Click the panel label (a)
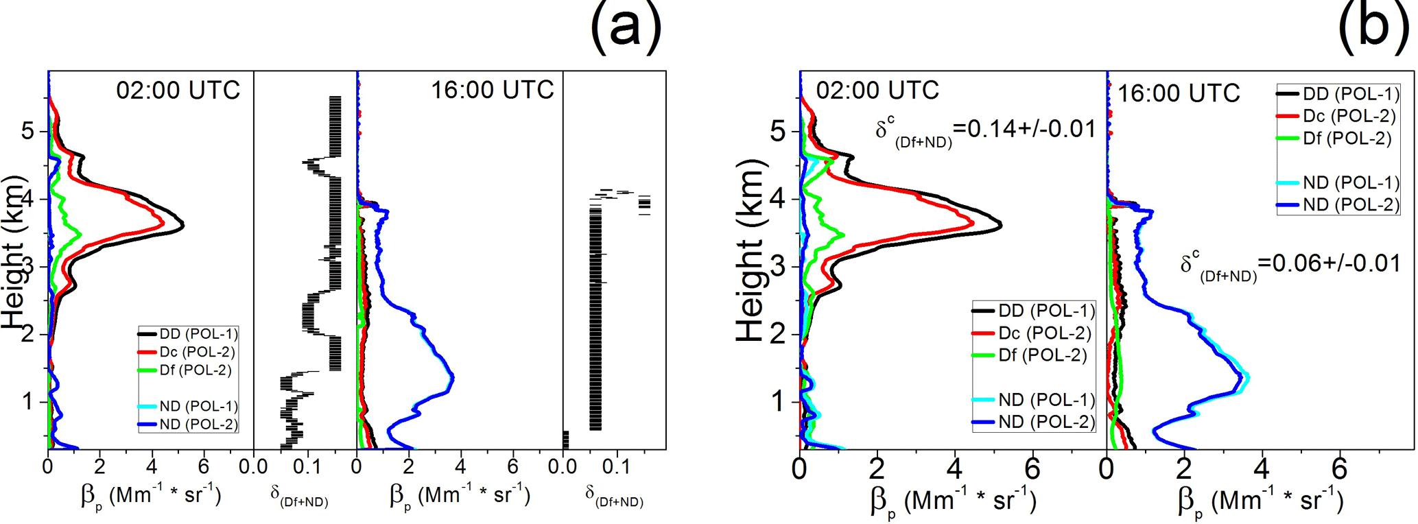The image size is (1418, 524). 626,27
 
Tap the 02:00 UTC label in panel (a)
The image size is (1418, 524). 178,91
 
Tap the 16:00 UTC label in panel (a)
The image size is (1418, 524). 492,91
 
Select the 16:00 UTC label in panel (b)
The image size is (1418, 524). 1179,94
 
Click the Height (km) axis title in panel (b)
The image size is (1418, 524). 751,250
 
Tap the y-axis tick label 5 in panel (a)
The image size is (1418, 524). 27,130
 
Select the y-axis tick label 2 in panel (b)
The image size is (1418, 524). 777,335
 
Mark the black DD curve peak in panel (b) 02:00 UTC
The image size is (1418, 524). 1001,225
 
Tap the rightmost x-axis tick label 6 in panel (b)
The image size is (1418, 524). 1339,470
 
